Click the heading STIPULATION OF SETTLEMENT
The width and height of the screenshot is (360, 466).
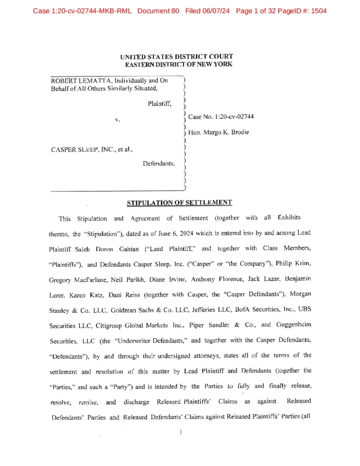coord(179,203)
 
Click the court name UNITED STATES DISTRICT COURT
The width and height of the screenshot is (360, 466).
coord(177,57)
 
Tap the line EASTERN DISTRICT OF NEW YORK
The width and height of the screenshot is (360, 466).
coord(179,64)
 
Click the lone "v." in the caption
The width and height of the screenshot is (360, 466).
coord(117,120)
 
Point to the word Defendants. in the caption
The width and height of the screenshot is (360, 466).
coord(159,164)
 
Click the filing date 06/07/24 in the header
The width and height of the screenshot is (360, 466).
coord(216,10)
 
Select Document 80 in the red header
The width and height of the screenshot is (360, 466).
coord(158,10)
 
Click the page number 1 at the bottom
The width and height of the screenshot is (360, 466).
coord(180,432)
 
